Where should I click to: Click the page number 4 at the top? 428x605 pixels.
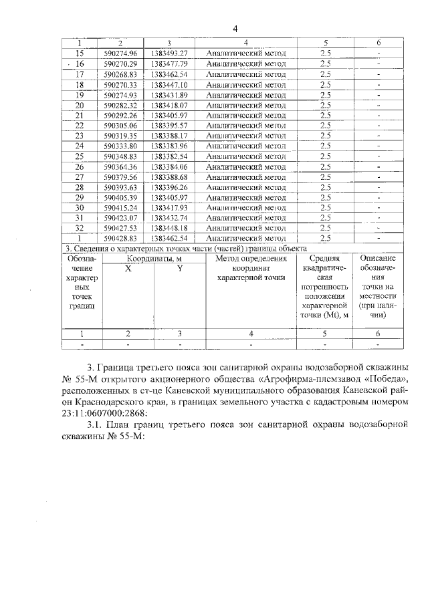235,28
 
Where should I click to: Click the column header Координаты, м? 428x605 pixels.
152,258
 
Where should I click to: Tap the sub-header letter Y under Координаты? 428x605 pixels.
179,268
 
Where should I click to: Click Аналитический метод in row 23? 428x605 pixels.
246,136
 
